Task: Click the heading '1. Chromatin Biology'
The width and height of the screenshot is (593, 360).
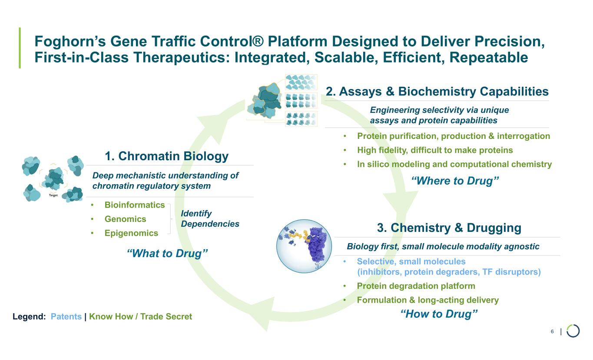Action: tap(166, 156)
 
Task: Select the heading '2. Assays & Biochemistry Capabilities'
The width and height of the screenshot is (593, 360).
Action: tap(437, 92)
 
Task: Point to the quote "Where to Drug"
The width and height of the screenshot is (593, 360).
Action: tap(454, 181)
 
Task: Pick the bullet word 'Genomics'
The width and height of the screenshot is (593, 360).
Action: tap(126, 219)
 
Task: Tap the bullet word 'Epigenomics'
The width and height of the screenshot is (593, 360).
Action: tap(132, 233)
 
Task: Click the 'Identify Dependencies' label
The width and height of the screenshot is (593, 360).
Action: tap(210, 219)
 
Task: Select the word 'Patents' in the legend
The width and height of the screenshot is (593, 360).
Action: tap(66, 317)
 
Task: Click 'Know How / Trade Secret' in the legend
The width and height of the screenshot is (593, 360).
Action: tap(140, 317)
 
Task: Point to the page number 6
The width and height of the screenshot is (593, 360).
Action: tap(552, 332)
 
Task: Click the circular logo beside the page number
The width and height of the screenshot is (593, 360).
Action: tap(573, 331)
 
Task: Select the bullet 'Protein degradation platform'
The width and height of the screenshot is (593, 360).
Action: tap(416, 286)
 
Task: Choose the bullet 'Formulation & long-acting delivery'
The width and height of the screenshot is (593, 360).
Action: tap(427, 300)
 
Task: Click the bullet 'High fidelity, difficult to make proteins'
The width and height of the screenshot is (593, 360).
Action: tap(435, 150)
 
